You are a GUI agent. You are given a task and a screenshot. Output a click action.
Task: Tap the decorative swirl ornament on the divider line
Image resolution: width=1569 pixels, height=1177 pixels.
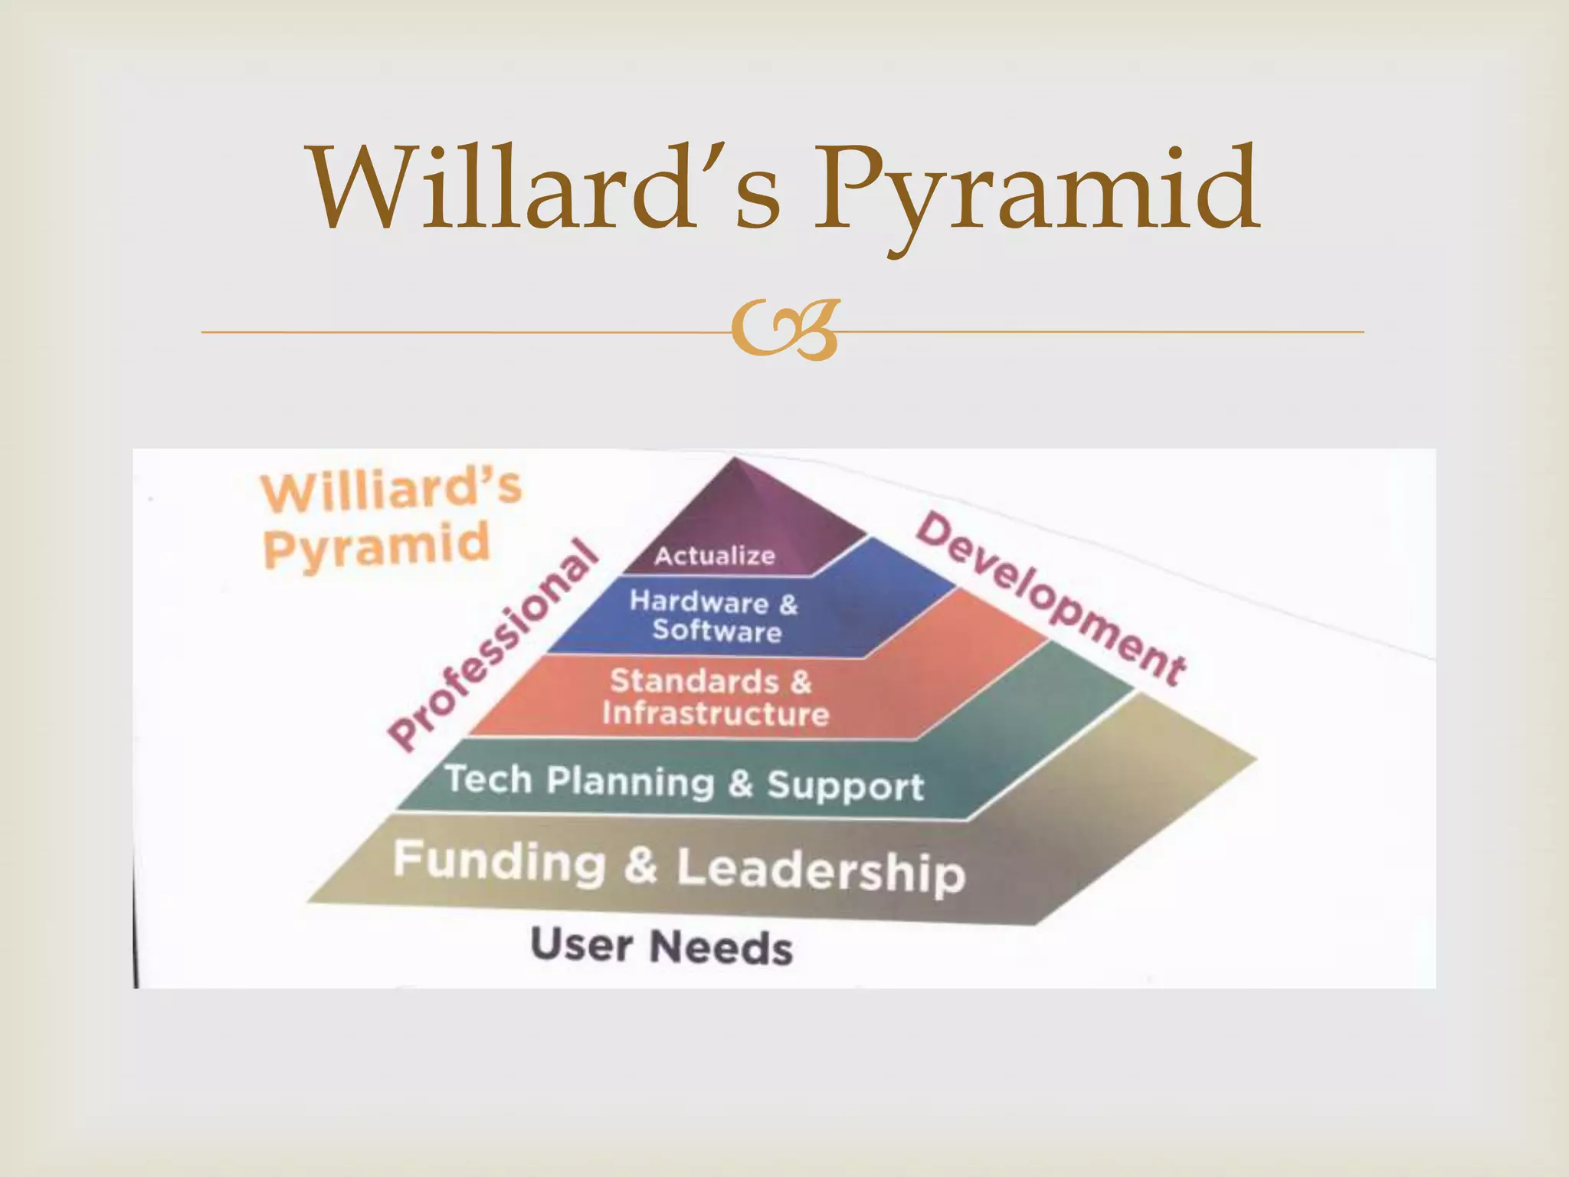pos(783,332)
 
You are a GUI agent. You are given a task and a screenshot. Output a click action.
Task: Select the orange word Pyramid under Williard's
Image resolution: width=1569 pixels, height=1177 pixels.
pos(375,546)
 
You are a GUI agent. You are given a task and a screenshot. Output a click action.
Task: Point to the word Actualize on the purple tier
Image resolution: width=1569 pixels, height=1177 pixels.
pos(714,556)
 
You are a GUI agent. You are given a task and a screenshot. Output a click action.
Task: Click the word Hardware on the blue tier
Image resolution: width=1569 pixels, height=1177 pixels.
pos(698,602)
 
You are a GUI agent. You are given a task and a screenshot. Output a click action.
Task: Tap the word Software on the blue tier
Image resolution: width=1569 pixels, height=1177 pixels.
pos(716,631)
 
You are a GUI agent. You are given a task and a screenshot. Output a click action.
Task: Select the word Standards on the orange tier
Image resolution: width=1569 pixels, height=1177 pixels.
pos(694,680)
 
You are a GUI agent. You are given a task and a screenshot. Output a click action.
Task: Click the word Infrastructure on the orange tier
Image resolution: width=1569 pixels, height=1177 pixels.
pos(715,713)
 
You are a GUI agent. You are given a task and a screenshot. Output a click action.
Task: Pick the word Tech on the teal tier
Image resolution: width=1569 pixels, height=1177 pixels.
pos(489,779)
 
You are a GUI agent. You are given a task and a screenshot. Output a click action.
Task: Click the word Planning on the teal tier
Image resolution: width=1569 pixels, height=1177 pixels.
pos(630,782)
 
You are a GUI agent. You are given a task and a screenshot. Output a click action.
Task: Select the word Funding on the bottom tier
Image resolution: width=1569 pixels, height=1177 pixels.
pos(499,861)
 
